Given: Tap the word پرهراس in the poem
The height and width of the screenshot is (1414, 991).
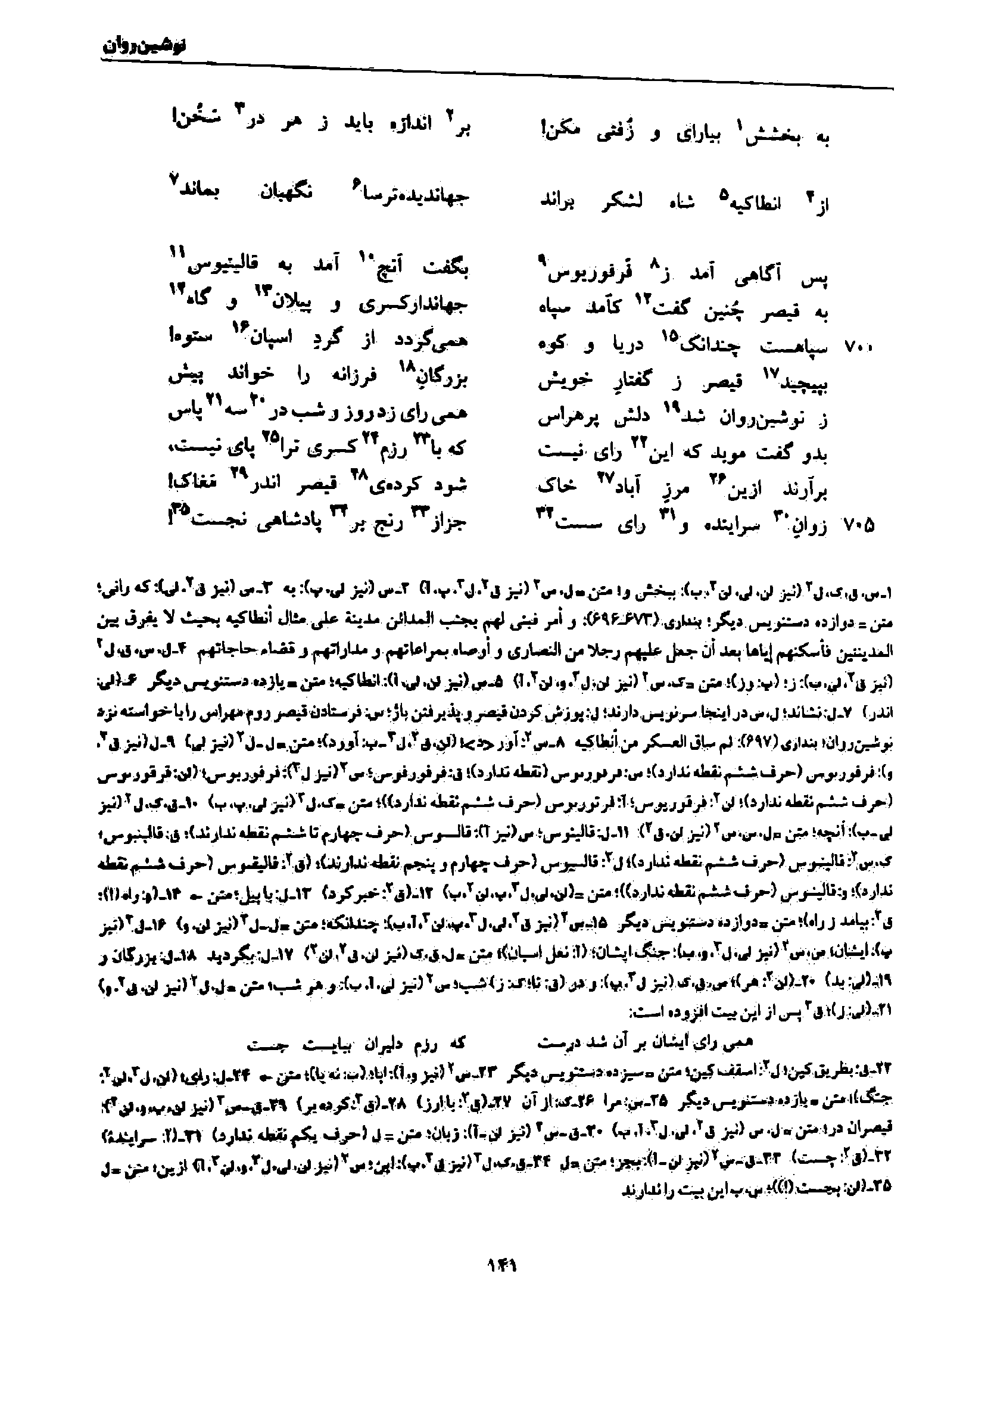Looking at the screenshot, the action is point(563,419).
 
